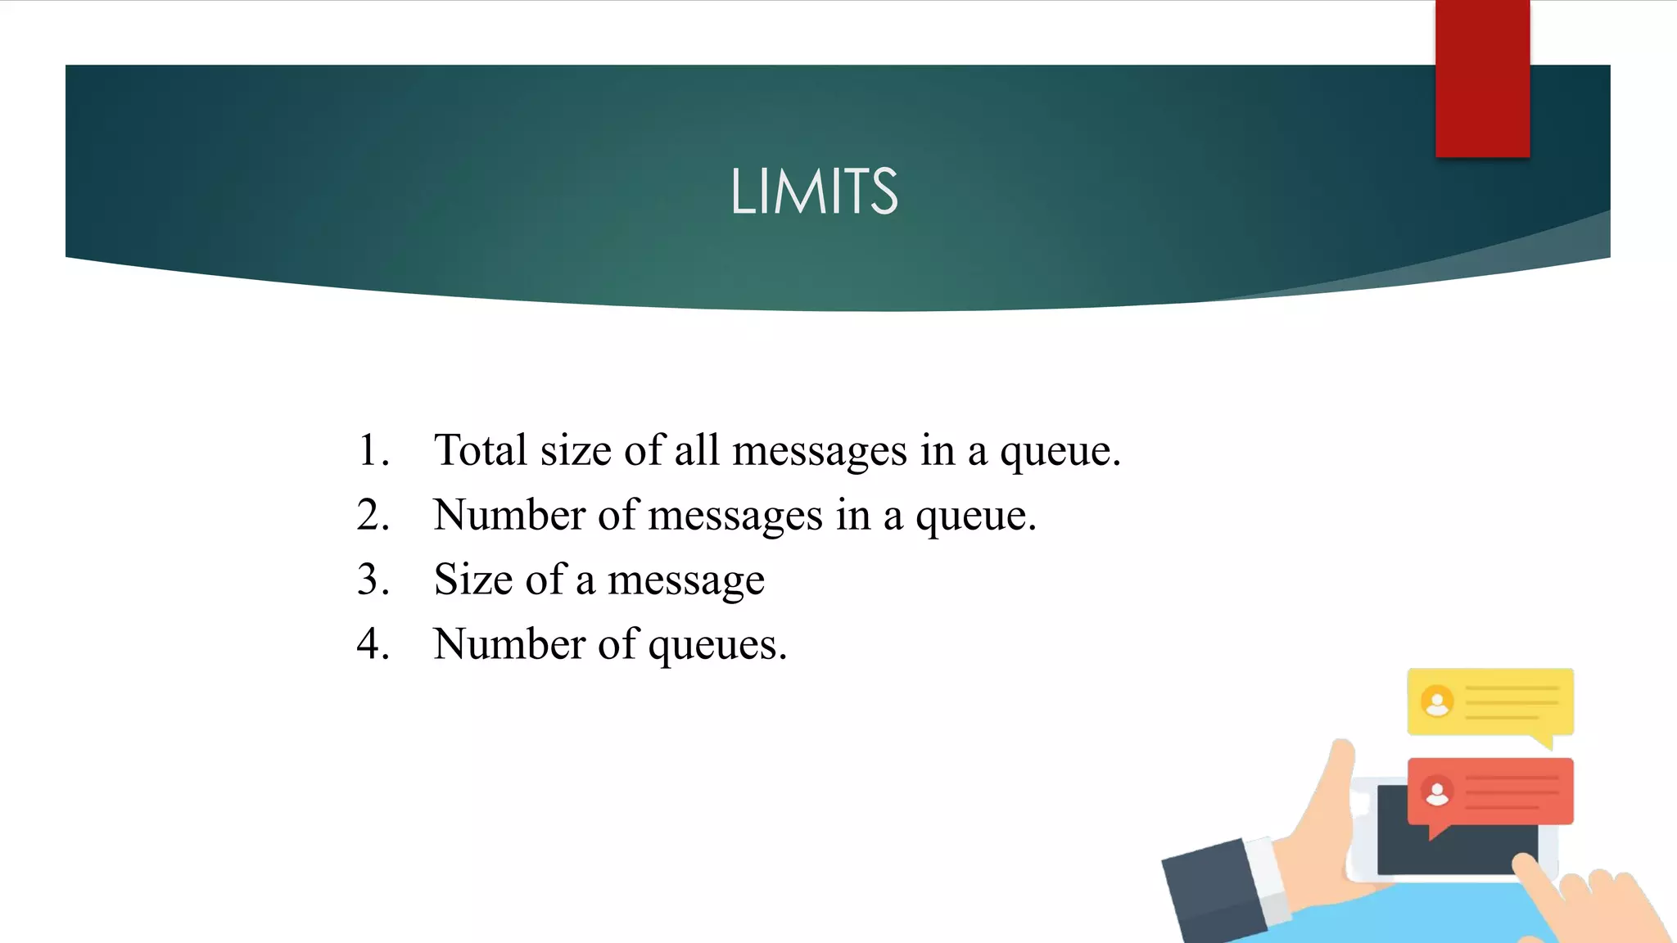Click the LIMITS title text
814,192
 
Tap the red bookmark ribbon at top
1482,79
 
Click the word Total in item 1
480,450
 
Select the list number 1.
373,450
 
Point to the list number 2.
373,515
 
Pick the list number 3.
373,580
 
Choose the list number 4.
373,644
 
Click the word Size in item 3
472,580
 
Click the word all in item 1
696,450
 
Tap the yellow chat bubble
1489,702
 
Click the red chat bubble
1489,791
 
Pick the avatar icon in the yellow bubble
1437,702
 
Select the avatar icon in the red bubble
1437,792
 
